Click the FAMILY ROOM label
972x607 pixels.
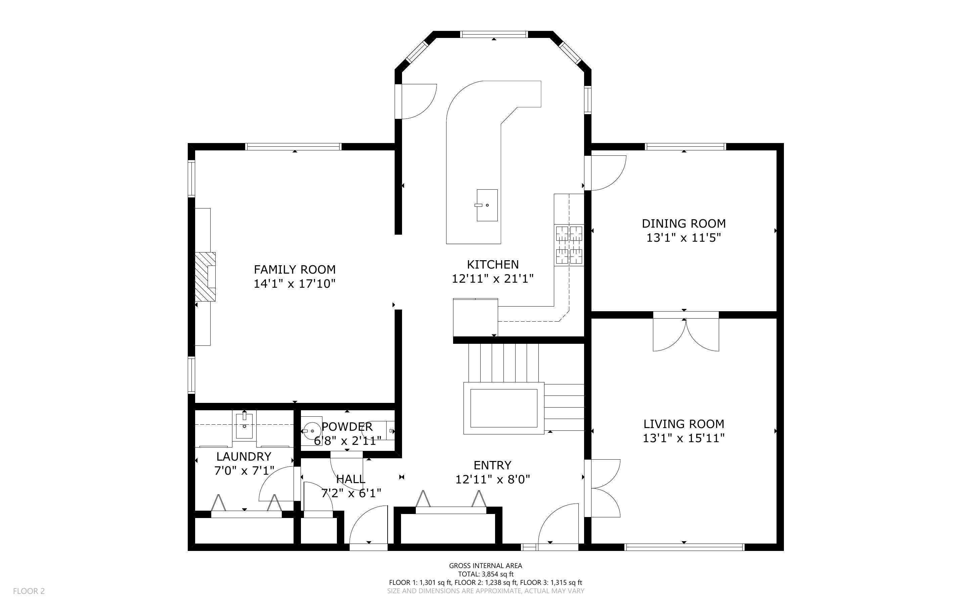click(295, 269)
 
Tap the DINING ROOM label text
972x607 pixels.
click(684, 223)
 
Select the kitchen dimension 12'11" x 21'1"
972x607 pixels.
click(493, 278)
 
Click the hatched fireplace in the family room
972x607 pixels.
click(206, 277)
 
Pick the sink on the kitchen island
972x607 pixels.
click(487, 205)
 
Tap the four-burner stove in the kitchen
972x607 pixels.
click(569, 245)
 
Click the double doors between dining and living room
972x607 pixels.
click(686, 332)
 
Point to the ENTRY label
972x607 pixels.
click(492, 465)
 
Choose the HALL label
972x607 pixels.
click(351, 479)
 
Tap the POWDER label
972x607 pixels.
click(347, 426)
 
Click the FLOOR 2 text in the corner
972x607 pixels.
click(29, 591)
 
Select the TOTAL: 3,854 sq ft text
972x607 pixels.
click(486, 574)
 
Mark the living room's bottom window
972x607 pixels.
click(684, 547)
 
